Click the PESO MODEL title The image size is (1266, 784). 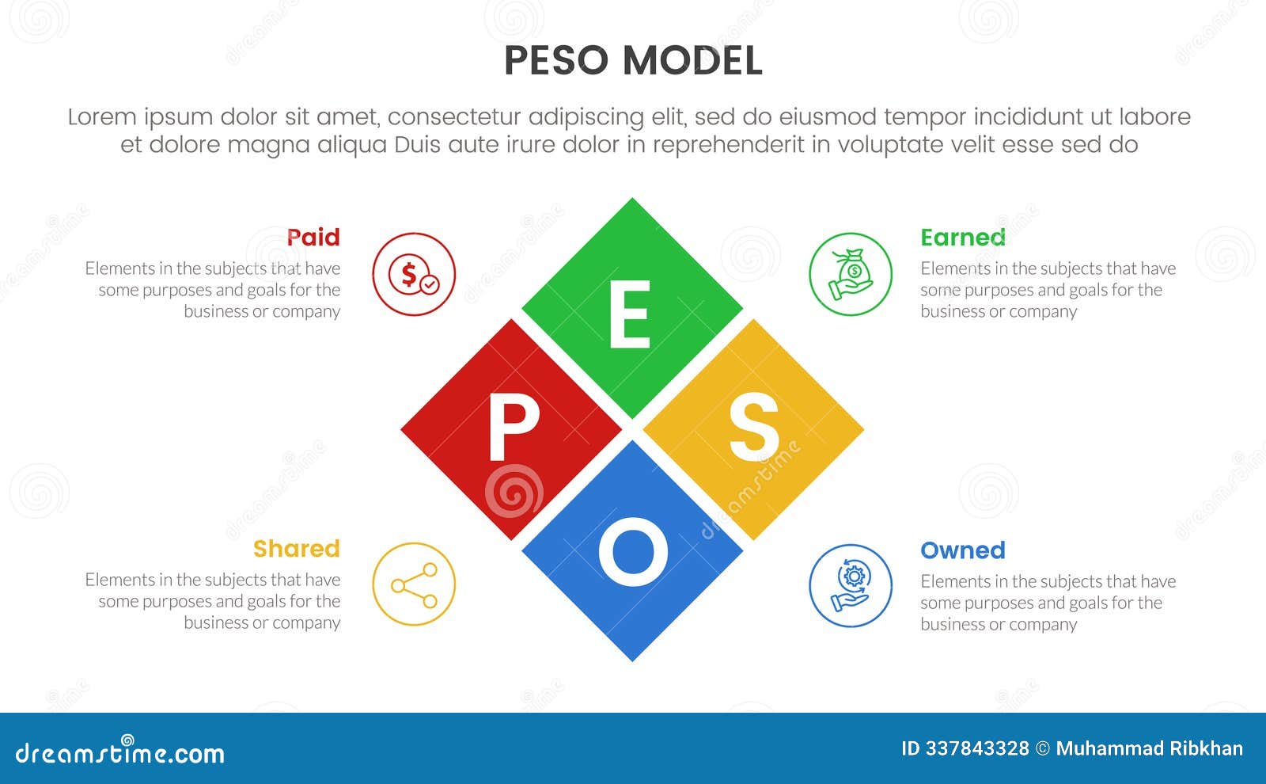[x=633, y=61]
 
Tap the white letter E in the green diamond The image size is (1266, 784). [x=630, y=316]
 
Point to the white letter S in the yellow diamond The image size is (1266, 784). [x=753, y=428]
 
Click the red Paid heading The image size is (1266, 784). [x=313, y=237]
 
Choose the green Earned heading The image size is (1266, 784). [x=962, y=237]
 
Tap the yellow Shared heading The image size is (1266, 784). [x=296, y=548]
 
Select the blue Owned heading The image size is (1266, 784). [x=962, y=550]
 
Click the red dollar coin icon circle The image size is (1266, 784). [x=414, y=274]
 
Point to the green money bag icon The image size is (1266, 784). [x=851, y=274]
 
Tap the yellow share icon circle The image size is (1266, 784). [x=414, y=584]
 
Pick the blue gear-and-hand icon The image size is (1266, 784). [x=851, y=585]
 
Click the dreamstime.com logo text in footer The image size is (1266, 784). [x=119, y=752]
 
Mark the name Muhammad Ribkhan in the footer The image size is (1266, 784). [x=1149, y=748]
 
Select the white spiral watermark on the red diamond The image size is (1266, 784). [x=514, y=491]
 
